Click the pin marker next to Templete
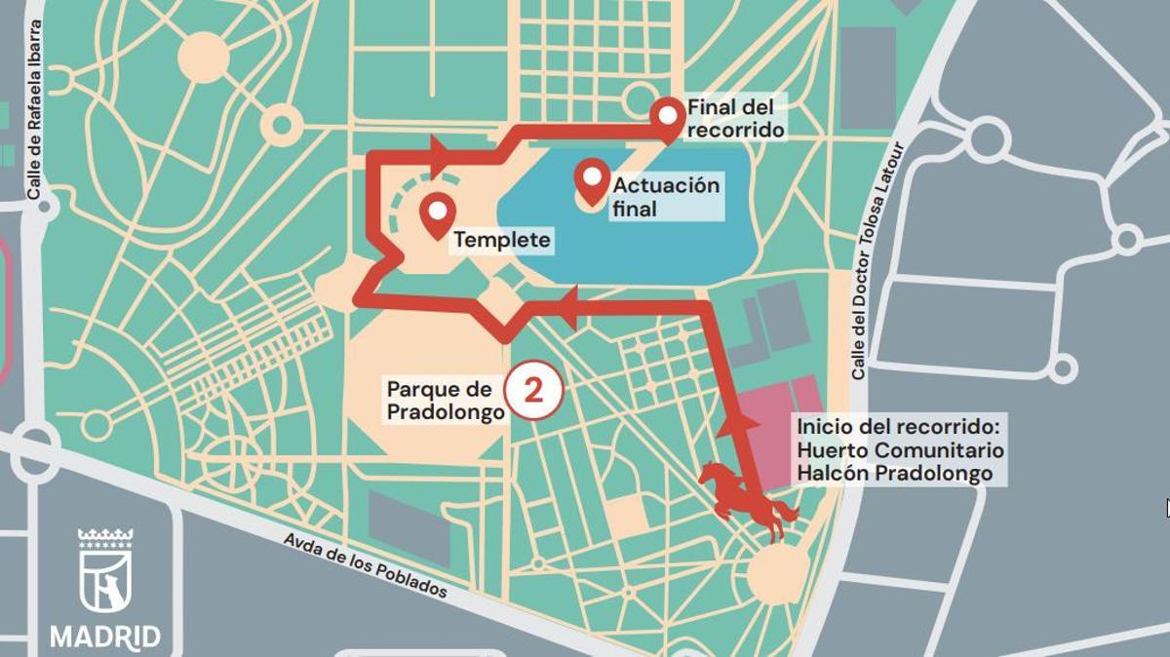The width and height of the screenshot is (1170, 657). click(x=436, y=213)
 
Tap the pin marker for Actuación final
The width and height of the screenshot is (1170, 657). click(x=592, y=179)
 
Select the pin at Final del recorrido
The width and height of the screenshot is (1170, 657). click(x=668, y=117)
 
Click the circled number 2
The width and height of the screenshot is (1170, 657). click(x=533, y=391)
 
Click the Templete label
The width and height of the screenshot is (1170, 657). click(x=502, y=240)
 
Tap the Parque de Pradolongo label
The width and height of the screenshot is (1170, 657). click(x=445, y=401)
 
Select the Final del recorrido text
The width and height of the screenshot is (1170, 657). click(x=735, y=117)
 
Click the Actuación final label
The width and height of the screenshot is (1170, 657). click(x=666, y=197)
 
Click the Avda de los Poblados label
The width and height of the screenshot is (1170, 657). click(x=366, y=564)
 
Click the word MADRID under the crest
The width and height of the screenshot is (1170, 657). click(x=105, y=638)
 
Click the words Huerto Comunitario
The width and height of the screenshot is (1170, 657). click(x=899, y=450)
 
